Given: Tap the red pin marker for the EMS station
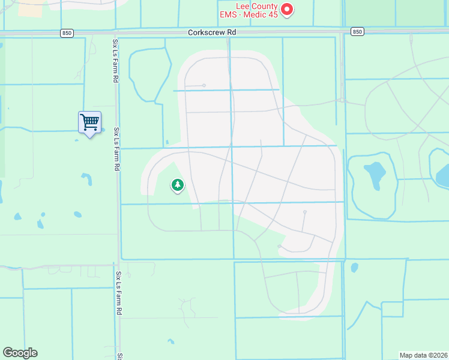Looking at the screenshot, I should [287, 10].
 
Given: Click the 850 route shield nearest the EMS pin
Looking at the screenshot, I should [357, 32].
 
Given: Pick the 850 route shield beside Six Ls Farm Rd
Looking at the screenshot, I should [67, 33].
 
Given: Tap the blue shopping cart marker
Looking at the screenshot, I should [89, 123].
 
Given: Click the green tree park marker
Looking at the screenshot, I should [177, 185].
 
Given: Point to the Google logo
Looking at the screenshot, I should [20, 353].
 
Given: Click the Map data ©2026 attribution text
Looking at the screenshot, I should [424, 355].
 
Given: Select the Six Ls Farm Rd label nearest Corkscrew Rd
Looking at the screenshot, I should [115, 61].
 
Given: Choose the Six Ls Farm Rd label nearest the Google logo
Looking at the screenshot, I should [119, 293].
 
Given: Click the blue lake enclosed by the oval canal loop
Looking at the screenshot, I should [373, 176].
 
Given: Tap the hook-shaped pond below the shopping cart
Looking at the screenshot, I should [87, 179].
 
